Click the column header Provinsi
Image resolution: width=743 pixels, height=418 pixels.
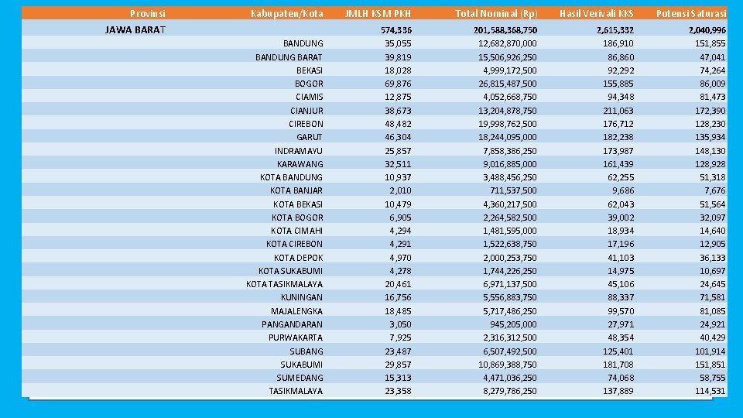tap(147, 13)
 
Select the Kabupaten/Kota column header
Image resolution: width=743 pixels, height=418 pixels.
tap(286, 13)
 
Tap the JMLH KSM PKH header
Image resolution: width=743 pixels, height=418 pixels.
tap(378, 13)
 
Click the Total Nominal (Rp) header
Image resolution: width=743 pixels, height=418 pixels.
tap(496, 13)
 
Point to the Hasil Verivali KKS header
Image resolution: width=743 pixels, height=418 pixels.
tap(596, 13)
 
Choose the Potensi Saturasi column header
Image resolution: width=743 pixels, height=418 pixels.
tap(690, 13)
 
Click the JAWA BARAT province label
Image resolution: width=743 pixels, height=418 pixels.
tap(135, 30)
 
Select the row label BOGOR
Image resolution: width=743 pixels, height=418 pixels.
tap(309, 84)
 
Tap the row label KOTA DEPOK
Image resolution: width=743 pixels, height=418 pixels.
tap(298, 258)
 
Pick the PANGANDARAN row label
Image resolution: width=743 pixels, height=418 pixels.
tap(292, 324)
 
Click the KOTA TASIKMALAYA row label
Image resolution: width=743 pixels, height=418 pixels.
tap(284, 284)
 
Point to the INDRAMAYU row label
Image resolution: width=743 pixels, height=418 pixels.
tap(299, 151)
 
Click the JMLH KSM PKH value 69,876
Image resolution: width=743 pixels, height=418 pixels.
tap(398, 84)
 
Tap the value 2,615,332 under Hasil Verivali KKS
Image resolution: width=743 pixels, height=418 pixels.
tap(615, 30)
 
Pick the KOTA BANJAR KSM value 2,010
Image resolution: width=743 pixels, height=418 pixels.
tap(400, 190)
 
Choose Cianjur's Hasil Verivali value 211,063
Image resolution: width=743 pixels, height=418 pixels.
tap(618, 111)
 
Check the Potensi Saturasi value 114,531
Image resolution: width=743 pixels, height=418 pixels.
tap(710, 391)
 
